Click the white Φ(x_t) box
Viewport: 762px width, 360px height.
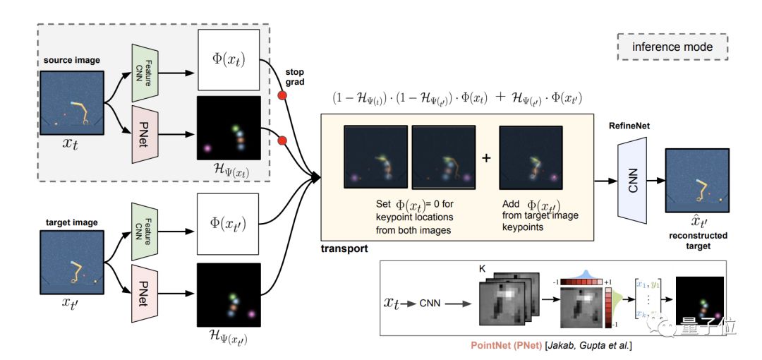(229, 59)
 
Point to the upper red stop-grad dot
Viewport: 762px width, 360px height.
(283, 95)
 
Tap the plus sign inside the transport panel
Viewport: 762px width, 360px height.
(485, 159)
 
